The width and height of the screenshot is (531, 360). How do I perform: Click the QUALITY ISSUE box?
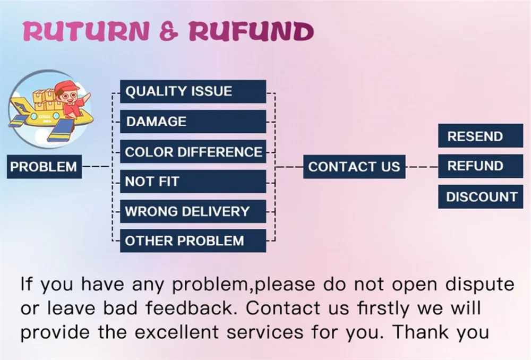click(193, 91)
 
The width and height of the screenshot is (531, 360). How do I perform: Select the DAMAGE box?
click(193, 122)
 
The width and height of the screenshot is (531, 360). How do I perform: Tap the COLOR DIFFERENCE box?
click(193, 152)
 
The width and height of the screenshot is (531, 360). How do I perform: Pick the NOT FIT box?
click(193, 182)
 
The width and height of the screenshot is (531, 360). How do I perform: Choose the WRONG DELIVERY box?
click(193, 211)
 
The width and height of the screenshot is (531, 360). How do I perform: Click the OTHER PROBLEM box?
click(193, 241)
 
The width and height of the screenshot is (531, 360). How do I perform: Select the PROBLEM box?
click(44, 167)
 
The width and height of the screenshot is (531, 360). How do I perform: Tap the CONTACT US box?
click(354, 167)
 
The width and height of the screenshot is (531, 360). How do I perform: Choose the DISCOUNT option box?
click(481, 196)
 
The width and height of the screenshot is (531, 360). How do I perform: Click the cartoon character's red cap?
click(66, 87)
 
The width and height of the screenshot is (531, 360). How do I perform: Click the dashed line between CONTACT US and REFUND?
click(422, 167)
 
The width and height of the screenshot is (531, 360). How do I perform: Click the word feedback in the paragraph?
click(195, 308)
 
